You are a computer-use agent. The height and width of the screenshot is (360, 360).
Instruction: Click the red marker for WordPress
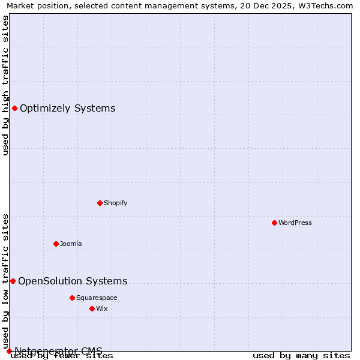click(x=274, y=223)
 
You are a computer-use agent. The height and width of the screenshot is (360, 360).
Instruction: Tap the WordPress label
click(x=295, y=223)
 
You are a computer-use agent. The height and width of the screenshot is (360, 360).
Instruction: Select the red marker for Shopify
click(x=100, y=203)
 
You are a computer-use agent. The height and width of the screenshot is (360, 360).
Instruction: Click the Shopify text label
click(x=115, y=203)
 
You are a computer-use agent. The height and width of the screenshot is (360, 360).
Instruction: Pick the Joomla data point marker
click(x=56, y=244)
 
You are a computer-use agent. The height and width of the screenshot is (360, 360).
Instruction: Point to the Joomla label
click(x=71, y=244)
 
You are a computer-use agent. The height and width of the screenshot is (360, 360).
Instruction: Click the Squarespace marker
click(x=72, y=298)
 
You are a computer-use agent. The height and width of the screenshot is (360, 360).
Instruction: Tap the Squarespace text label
click(x=97, y=298)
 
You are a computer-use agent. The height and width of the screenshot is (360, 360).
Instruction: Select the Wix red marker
click(x=92, y=308)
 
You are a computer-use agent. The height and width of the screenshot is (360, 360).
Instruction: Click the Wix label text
click(x=102, y=308)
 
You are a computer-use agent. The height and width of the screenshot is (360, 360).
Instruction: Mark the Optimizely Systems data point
click(x=14, y=108)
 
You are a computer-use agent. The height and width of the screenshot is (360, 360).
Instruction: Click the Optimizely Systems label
click(x=67, y=109)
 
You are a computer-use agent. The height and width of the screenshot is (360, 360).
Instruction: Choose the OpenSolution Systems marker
click(x=13, y=281)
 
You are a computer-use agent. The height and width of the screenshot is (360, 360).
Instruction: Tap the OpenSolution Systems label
click(x=73, y=281)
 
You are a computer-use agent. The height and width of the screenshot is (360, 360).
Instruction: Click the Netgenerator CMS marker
click(x=9, y=351)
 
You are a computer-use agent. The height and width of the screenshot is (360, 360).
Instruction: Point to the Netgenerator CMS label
click(x=58, y=351)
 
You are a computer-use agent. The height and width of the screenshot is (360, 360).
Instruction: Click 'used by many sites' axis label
click(x=301, y=356)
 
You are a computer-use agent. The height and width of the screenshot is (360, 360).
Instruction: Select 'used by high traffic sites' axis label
click(x=5, y=85)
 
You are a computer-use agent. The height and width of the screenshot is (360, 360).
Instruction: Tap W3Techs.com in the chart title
click(x=328, y=5)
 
